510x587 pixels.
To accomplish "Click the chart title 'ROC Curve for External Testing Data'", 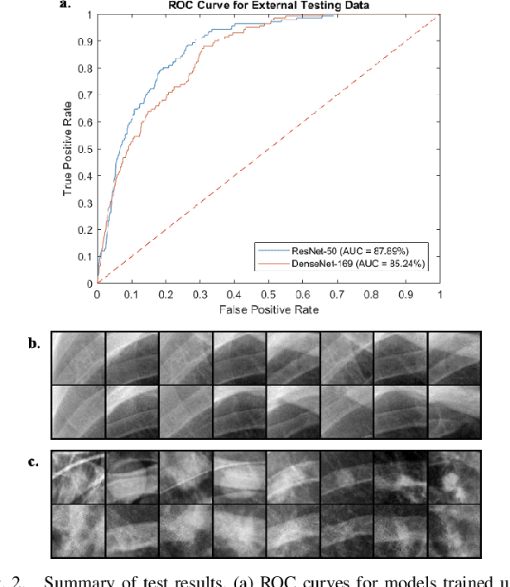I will [x=268, y=5].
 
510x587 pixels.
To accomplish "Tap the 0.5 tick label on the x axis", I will [x=268, y=293].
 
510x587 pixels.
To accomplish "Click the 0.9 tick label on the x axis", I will [x=405, y=293].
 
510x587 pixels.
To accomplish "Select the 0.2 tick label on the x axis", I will [x=166, y=293].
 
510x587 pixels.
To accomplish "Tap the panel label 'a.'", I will [x=66, y=5].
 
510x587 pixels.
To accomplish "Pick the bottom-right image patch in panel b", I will [x=453, y=411].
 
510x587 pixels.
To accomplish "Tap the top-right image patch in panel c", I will [x=453, y=477].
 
